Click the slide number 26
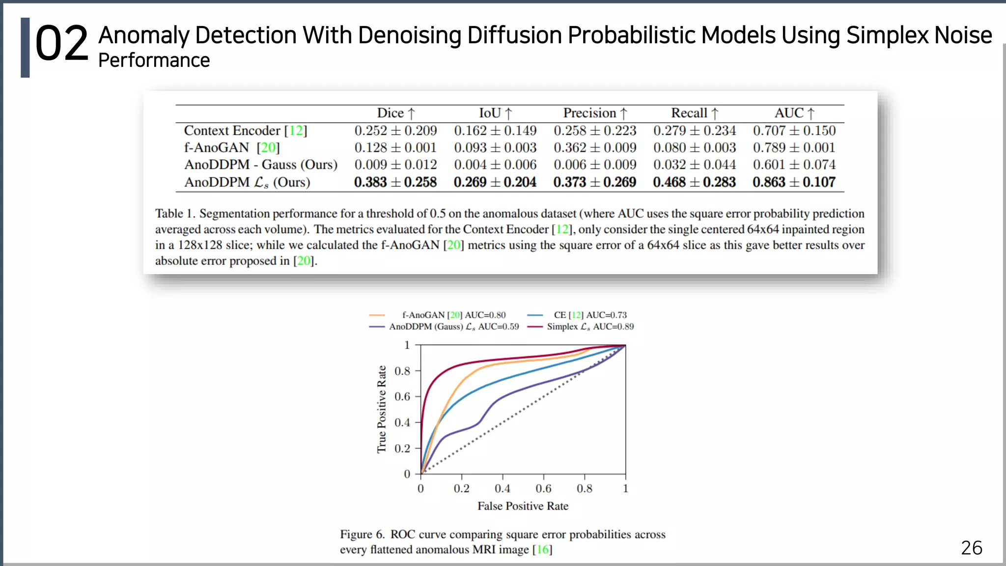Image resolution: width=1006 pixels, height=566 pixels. click(x=971, y=548)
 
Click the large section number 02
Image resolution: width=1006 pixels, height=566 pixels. click(x=61, y=45)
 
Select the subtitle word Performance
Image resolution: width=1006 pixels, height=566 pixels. click(x=154, y=60)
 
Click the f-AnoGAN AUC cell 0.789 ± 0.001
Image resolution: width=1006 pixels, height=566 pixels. click(x=794, y=147)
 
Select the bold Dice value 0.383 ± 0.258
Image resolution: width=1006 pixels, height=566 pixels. click(x=395, y=182)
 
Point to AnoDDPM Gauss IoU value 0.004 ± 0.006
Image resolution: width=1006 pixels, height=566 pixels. click(x=495, y=165)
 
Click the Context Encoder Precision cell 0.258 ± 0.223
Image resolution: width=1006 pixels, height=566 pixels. click(x=594, y=131)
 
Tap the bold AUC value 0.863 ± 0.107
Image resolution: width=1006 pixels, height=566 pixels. click(x=794, y=182)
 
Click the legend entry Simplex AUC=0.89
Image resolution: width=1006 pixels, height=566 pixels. click(x=589, y=327)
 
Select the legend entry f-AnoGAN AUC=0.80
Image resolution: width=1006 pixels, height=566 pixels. click(x=453, y=315)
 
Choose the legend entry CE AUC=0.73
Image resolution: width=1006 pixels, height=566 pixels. click(x=589, y=315)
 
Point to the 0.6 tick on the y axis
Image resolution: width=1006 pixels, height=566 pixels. click(x=402, y=396)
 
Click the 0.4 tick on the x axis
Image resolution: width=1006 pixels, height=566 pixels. click(x=502, y=488)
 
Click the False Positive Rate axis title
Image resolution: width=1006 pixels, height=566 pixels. click(x=523, y=506)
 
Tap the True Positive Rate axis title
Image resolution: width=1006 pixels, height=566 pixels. click(x=382, y=409)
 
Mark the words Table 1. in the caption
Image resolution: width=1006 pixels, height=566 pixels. click(x=175, y=214)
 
